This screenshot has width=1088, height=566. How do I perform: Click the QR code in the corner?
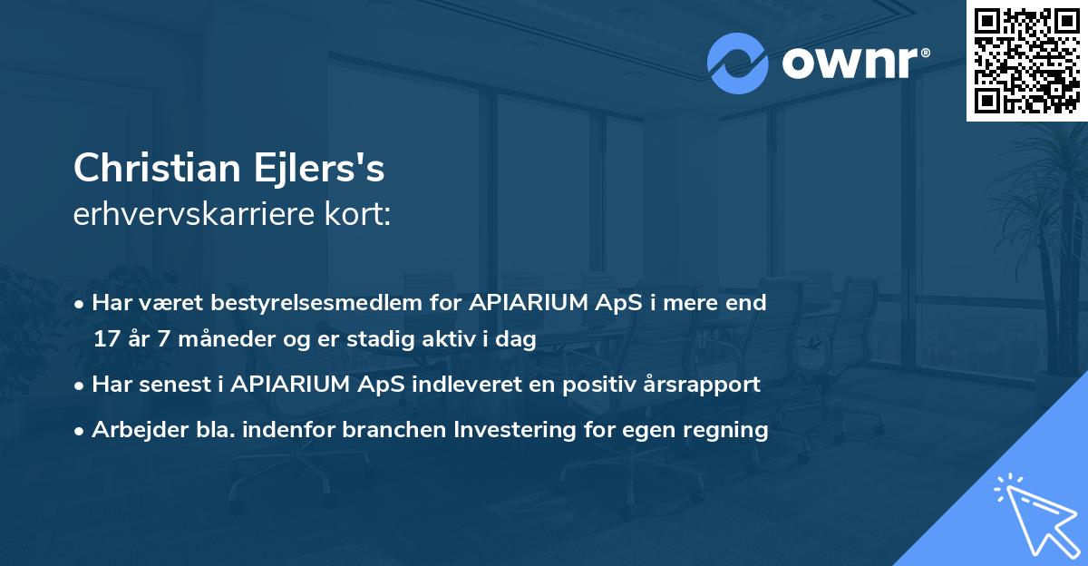(1026, 61)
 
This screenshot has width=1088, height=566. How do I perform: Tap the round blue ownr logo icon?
(738, 63)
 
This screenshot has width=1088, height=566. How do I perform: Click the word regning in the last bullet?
(731, 430)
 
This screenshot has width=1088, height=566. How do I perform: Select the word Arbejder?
(131, 429)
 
